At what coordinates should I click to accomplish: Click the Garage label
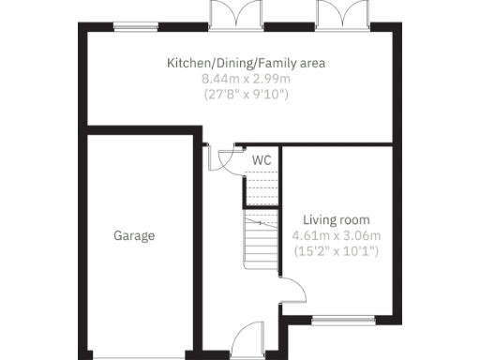pos(135,236)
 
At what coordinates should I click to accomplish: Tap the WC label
pos(262,160)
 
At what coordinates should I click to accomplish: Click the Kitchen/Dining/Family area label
pos(246,64)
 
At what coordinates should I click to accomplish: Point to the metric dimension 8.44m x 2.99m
pos(246,79)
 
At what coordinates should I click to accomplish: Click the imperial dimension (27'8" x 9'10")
pos(246,94)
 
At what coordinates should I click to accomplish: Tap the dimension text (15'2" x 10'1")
pos(335,251)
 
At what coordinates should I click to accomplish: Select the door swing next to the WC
pos(221,157)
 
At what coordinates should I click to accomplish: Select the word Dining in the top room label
pos(228,64)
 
